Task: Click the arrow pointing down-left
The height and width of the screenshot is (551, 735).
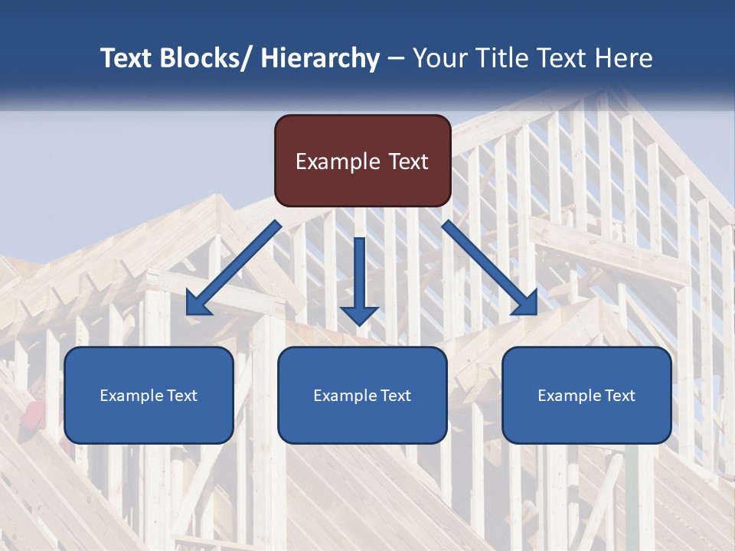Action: point(233,269)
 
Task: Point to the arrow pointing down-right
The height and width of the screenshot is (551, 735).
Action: point(490,269)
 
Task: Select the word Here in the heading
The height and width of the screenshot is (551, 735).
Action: point(625,58)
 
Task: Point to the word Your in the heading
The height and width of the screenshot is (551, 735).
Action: point(438,58)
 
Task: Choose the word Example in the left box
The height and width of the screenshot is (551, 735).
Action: point(132,396)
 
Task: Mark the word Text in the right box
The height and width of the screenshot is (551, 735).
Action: point(619,396)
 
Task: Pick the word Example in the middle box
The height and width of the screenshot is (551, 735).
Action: point(345,396)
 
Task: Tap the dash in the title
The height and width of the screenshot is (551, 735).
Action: point(396,58)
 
